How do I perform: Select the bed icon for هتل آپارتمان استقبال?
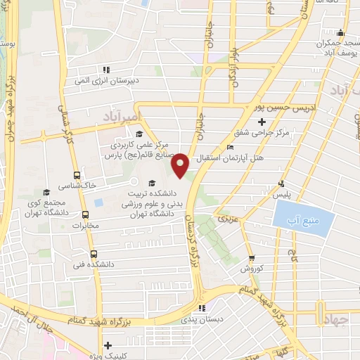pyautogui.click(x=231, y=148)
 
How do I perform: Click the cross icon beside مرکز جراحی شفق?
pyautogui.click(x=262, y=122)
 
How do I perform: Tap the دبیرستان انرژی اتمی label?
pyautogui.click(x=109, y=79)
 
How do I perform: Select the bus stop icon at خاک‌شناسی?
pyautogui.click(x=77, y=175)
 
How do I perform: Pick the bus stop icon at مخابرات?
pyautogui.click(x=86, y=215)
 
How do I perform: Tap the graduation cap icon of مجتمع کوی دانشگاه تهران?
pyautogui.click(x=47, y=192)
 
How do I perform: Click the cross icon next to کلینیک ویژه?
pyautogui.click(x=107, y=345)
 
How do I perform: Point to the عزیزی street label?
pyautogui.click(x=230, y=219)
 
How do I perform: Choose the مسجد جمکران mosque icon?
pyautogui.click(x=340, y=32)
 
